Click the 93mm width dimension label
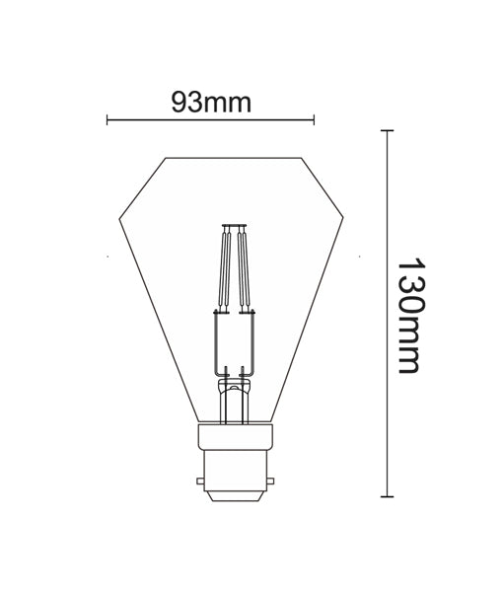210,102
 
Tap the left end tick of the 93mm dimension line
107,121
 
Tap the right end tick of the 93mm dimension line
314,121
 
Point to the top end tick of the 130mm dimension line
387,130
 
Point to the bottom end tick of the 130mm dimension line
387,496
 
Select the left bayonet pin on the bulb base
200,482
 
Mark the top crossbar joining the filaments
235,226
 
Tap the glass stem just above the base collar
235,405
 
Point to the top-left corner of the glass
166,157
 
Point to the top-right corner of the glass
302,157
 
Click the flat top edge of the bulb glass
234,157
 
